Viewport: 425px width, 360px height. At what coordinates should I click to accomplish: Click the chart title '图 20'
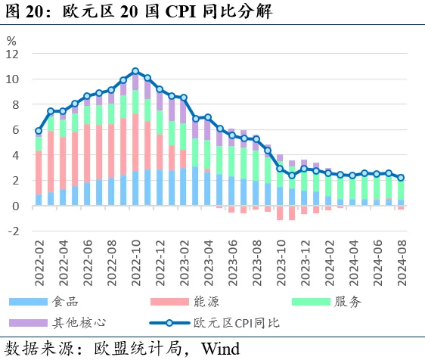click(23, 13)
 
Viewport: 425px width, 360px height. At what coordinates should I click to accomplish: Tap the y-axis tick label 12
click(12, 54)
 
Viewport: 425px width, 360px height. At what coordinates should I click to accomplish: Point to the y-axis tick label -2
click(13, 231)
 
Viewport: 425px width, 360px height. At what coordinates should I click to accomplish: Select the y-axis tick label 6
click(15, 130)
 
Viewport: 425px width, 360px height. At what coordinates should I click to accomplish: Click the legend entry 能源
click(209, 301)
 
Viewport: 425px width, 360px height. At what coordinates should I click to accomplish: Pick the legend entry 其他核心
click(77, 323)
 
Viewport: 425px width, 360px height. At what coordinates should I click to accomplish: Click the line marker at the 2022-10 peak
click(135, 71)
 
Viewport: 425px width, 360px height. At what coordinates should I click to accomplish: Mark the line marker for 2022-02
click(39, 131)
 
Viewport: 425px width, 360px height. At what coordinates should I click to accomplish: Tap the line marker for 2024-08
click(401, 178)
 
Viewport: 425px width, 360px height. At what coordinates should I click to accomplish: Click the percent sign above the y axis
click(11, 40)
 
